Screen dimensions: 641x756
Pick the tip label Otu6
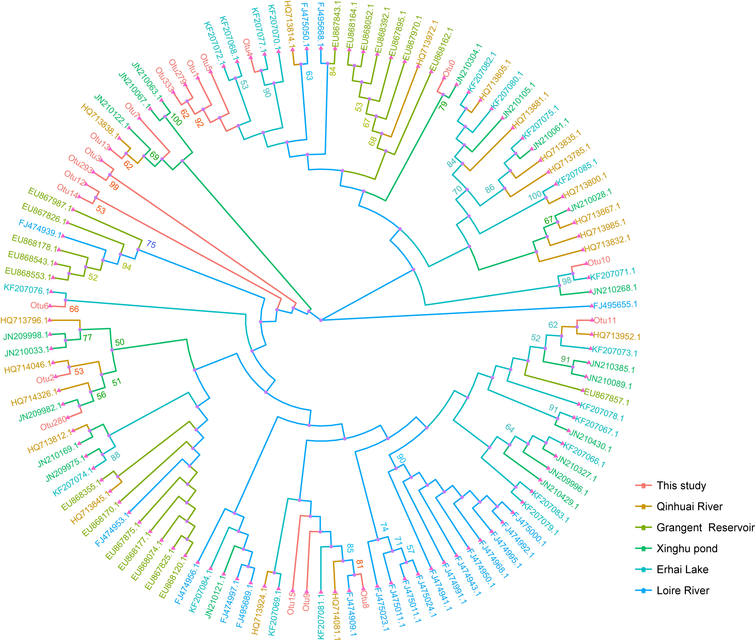pos(39,306)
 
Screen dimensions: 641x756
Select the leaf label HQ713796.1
pos(24,320)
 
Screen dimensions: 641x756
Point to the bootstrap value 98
pos(566,281)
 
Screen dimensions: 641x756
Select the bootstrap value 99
pos(114,186)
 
